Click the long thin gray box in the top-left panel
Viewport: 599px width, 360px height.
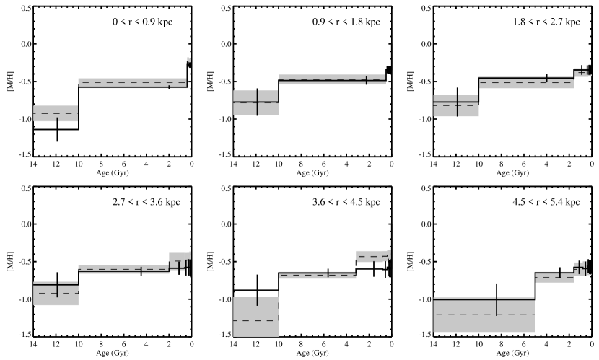(x=132, y=82)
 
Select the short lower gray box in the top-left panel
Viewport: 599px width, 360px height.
(x=56, y=113)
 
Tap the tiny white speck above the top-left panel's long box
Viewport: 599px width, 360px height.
(x=189, y=60)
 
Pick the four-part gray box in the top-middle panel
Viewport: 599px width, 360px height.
(x=256, y=102)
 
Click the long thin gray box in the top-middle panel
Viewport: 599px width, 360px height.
(x=332, y=79)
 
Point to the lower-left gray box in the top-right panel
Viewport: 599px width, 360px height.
(x=456, y=105)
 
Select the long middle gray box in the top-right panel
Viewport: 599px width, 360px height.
(x=526, y=83)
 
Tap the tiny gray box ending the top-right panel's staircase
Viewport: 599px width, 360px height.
(x=582, y=72)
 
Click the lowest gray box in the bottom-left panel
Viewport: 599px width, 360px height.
(x=56, y=293)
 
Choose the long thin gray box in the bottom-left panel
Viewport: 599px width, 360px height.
(x=123, y=269)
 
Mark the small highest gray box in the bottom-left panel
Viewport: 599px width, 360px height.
(x=179, y=260)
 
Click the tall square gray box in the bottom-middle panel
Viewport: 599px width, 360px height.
(x=256, y=316)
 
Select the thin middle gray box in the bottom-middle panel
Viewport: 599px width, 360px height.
(x=318, y=275)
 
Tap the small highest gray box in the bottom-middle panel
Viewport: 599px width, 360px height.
(x=372, y=256)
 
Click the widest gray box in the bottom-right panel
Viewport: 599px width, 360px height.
(x=484, y=315)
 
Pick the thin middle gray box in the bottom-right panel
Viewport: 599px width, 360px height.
(x=555, y=278)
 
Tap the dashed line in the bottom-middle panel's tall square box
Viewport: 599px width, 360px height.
(x=256, y=320)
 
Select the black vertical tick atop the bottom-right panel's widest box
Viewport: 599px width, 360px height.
(x=497, y=305)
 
